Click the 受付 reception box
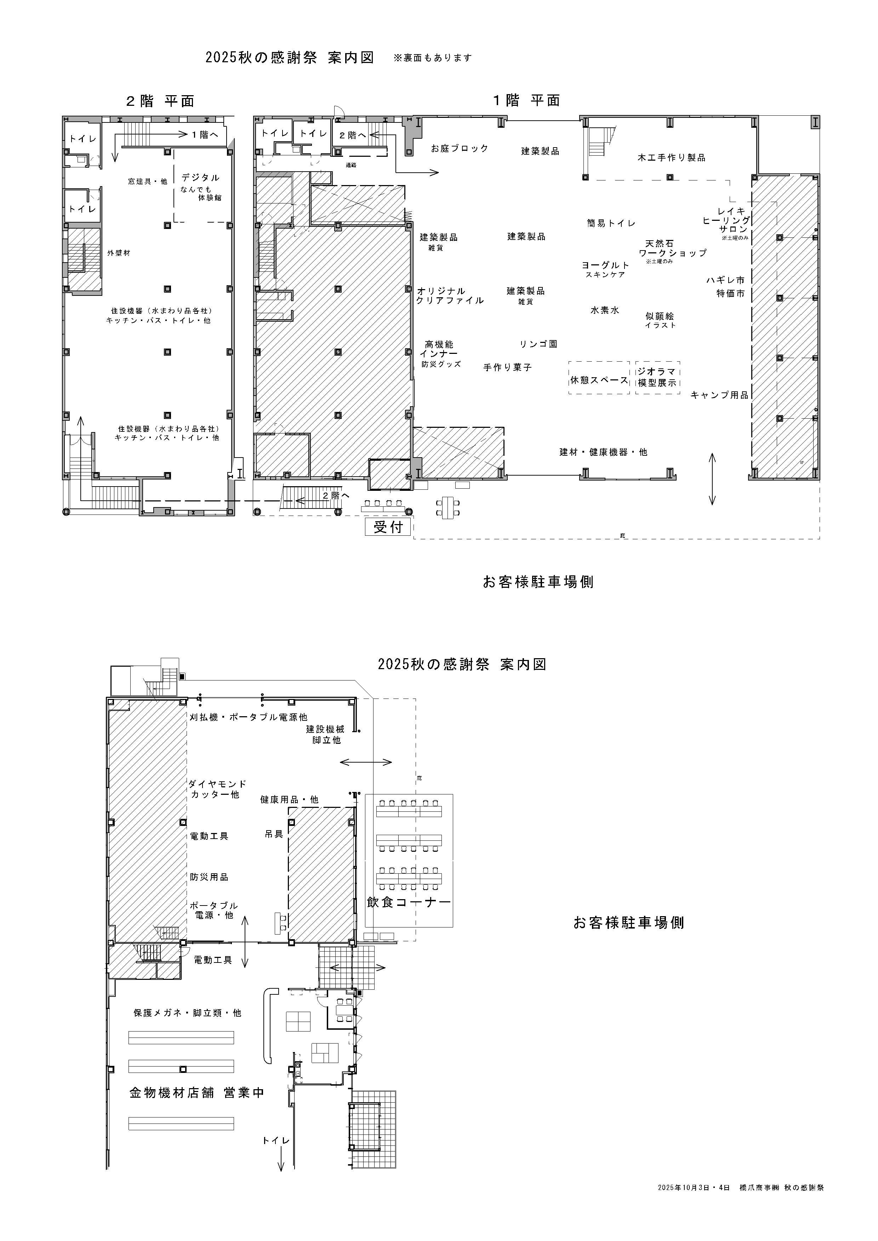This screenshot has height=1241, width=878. (x=388, y=527)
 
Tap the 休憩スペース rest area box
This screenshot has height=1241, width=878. (x=599, y=378)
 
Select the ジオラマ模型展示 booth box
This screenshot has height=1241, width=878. (x=657, y=378)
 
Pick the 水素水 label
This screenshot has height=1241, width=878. (x=604, y=310)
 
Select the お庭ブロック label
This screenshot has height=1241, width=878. (x=460, y=148)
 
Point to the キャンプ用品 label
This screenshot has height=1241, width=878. (x=720, y=395)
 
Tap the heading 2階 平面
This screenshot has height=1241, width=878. (x=160, y=101)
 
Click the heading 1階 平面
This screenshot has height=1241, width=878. (x=526, y=100)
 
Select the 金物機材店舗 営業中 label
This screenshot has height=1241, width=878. (x=197, y=1092)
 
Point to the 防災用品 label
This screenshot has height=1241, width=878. (x=209, y=877)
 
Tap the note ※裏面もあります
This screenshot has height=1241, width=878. (x=433, y=58)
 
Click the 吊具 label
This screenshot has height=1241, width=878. (x=274, y=834)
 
